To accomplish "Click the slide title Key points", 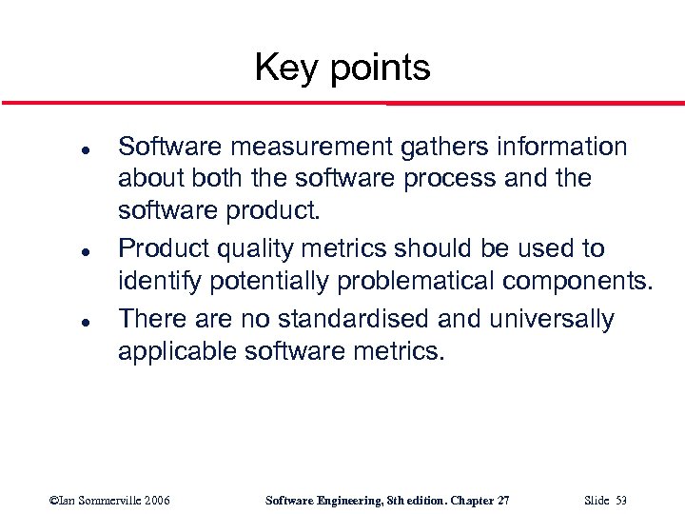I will [x=342, y=68].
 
